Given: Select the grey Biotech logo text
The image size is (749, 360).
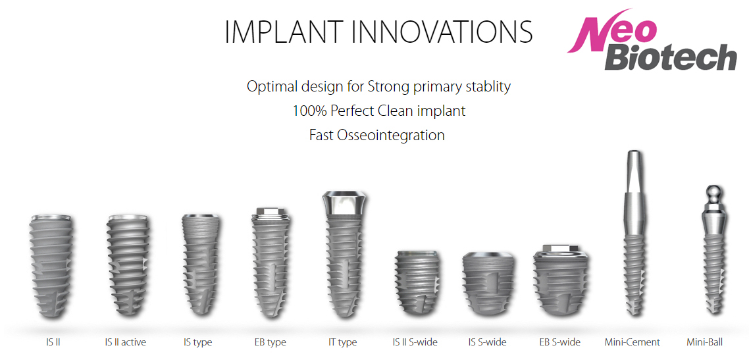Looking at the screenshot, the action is [x=671, y=58].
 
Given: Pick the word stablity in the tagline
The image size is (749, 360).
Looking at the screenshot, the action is [x=486, y=87].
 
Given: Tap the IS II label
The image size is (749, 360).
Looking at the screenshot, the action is [x=51, y=342].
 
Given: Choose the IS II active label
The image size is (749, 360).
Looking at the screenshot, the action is [x=125, y=342].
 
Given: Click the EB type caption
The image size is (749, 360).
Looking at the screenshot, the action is [x=271, y=342].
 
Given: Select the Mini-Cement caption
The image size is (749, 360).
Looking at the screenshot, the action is [x=632, y=342].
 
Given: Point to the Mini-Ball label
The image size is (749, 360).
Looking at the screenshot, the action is [x=705, y=342].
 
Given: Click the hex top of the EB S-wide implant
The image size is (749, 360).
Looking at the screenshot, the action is [x=559, y=249].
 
